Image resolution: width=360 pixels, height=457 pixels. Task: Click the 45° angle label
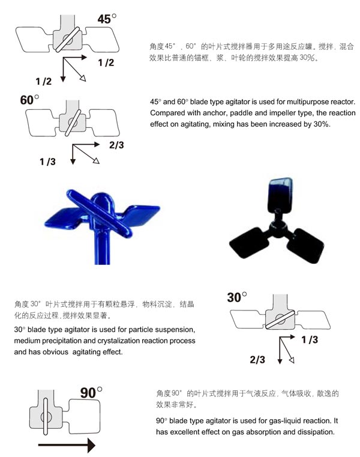coord(107,19)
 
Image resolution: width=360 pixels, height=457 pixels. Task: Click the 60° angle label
coord(29,100)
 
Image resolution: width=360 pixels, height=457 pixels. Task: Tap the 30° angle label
coord(237,297)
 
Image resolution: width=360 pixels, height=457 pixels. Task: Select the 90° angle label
coord(91,393)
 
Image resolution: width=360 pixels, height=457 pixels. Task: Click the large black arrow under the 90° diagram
coord(67,445)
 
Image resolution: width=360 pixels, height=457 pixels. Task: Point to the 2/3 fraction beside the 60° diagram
coord(116,145)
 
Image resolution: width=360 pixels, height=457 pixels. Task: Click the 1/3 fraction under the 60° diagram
coord(47,162)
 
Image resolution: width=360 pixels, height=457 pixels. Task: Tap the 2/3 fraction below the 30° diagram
coord(257,359)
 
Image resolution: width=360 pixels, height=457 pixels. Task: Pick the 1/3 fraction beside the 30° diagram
coord(310,339)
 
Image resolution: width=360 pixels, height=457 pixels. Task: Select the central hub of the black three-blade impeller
coord(278,228)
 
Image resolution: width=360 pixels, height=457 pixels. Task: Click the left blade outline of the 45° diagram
coord(34,40)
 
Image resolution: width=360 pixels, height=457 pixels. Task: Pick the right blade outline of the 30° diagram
coord(313,319)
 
